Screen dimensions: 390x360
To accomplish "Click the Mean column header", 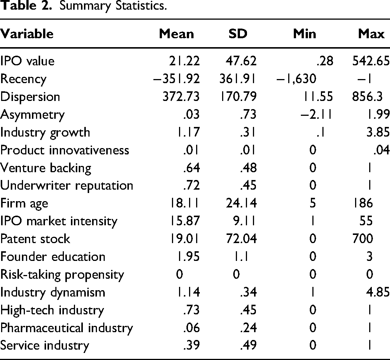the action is coord(176,34).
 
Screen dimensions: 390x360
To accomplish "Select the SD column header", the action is coord(238,34).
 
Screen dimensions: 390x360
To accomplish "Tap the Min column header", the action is coord(305,34).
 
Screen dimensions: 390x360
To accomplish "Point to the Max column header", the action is coord(371,34).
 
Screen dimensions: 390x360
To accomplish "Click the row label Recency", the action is coord(23,79).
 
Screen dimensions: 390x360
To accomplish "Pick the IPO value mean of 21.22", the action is coord(184,61).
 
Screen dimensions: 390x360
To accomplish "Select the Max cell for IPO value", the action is coord(371,61).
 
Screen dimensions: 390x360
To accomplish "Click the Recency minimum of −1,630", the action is coord(296,79).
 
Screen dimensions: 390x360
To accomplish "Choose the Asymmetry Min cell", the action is coord(316,115).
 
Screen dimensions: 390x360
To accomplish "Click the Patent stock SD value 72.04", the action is coord(241,239).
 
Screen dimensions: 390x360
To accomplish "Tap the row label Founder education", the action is coord(53,256).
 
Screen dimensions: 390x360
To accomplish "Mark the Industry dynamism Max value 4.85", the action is coord(378,292).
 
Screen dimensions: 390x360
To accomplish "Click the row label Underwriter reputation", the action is coord(66,186).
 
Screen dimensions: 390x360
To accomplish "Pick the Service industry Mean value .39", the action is coord(192,345).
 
